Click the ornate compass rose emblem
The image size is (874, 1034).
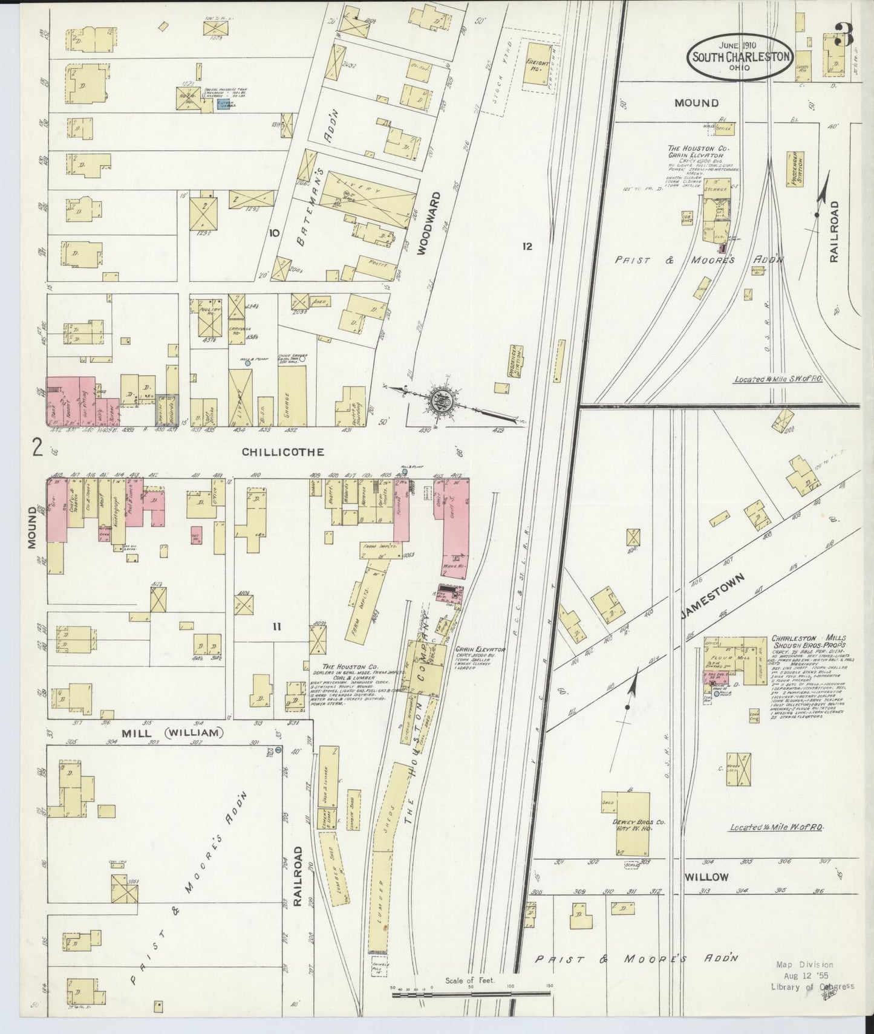coord(442,399)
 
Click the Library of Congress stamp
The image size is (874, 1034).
coord(813,986)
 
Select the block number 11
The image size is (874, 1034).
coord(276,627)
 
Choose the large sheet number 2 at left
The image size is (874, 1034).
coord(38,448)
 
